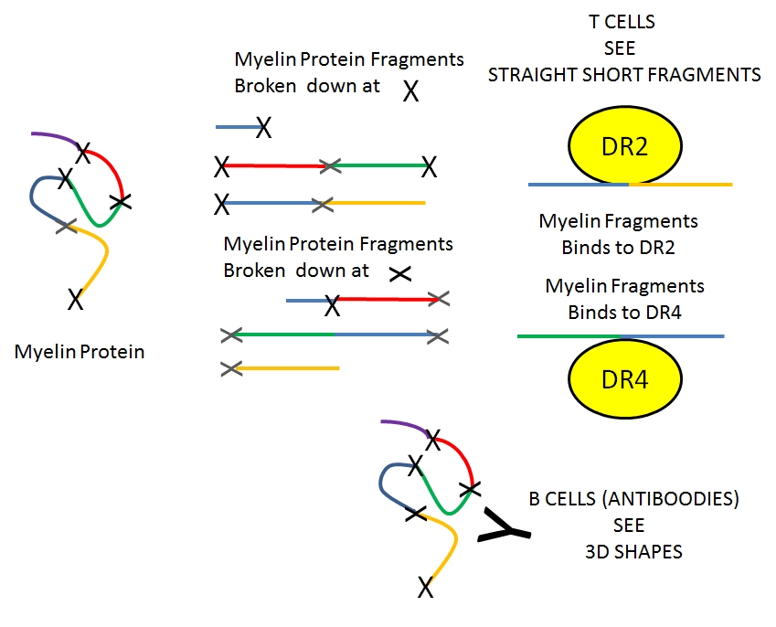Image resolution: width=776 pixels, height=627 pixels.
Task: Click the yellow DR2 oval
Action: [x=624, y=146]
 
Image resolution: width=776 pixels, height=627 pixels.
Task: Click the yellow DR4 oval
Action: [x=625, y=379]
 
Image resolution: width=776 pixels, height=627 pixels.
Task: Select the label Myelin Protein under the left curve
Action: [x=80, y=351]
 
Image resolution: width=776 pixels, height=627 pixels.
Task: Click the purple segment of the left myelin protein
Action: [x=55, y=136]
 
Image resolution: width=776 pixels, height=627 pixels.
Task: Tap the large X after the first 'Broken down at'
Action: [x=411, y=90]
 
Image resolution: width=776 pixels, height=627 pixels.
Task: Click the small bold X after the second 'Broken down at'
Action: [x=399, y=272]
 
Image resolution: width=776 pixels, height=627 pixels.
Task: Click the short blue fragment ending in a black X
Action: [x=238, y=127]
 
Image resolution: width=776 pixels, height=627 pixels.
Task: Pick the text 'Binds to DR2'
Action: [x=618, y=247]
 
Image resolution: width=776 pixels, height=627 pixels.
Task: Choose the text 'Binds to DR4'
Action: [x=624, y=312]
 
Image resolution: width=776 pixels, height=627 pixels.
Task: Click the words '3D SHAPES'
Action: [x=632, y=551]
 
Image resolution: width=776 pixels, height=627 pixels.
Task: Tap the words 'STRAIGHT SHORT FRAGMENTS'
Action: [x=624, y=75]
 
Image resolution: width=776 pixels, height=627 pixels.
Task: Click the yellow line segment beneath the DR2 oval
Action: [x=681, y=185]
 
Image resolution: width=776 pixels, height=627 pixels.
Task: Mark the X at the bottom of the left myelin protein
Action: [x=76, y=298]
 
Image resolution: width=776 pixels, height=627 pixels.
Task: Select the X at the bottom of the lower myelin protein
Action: [x=425, y=587]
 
